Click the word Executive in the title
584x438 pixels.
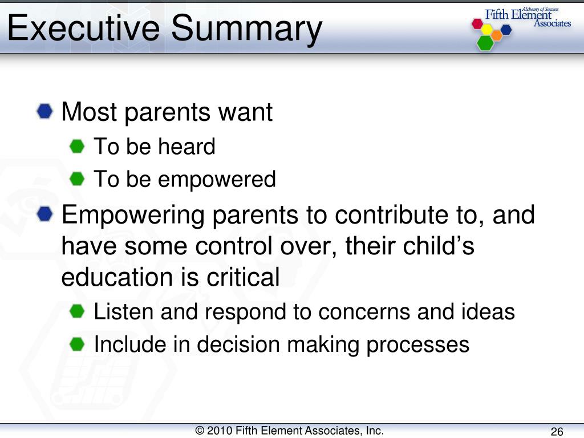84,28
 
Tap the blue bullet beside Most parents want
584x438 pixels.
44,111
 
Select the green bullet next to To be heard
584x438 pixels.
77,147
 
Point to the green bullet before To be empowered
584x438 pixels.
77,179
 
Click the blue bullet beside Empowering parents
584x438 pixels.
44,214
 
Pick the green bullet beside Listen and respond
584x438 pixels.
77,311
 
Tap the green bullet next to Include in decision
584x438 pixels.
77,344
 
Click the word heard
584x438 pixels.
186,146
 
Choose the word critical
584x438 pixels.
243,278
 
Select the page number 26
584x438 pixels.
557,431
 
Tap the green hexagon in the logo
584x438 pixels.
485,42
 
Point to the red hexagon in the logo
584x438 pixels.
477,24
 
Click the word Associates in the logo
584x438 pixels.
552,23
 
